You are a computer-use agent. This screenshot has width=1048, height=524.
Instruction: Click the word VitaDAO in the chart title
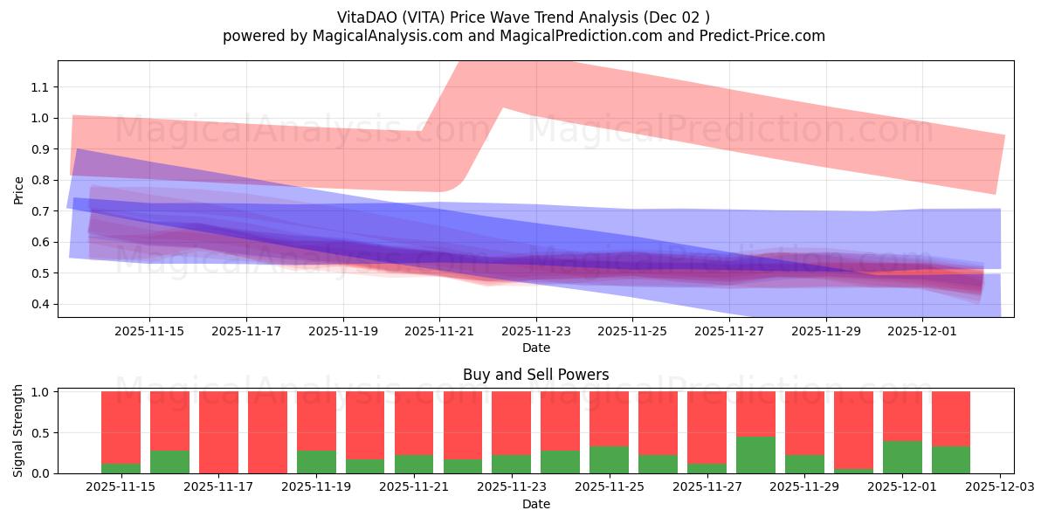coord(367,17)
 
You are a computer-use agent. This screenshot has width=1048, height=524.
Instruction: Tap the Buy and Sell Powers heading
coord(535,375)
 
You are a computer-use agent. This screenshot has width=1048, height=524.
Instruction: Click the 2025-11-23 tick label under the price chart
coord(535,331)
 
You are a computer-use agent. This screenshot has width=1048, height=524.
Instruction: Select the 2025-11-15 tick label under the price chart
coord(148,331)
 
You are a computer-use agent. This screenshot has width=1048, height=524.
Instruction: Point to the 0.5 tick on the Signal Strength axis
coord(42,433)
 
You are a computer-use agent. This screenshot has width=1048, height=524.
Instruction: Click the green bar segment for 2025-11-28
coord(755,455)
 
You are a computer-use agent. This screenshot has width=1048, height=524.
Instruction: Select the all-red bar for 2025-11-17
coord(218,431)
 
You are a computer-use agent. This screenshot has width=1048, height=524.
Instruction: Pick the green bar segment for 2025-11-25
coord(609,459)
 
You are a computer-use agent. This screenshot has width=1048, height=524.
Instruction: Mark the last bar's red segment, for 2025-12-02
coord(951,418)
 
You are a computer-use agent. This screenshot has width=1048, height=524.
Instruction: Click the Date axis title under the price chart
coord(535,348)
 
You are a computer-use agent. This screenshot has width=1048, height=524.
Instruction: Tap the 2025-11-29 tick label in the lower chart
coord(804,487)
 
